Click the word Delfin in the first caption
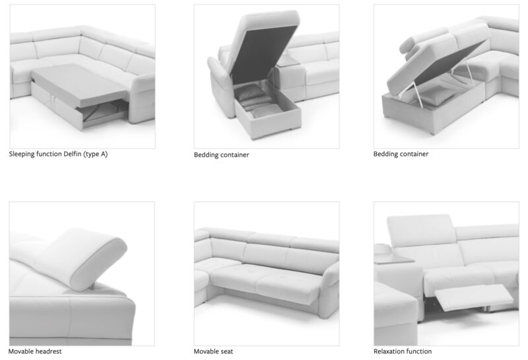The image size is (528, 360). click(73, 154)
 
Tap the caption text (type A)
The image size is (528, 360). click(96, 155)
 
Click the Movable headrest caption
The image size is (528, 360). click(35, 351)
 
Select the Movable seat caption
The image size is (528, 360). click(213, 351)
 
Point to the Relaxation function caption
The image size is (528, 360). click(403, 351)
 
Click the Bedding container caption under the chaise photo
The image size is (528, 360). click(221, 155)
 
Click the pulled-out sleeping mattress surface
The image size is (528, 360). click(79, 84)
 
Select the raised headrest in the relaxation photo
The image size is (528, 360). click(421, 231)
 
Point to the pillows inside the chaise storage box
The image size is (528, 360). click(256, 101)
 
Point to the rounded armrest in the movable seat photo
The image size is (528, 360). click(331, 290)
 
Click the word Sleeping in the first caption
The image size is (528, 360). click(22, 155)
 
